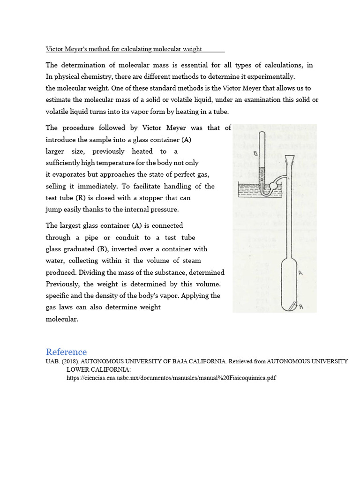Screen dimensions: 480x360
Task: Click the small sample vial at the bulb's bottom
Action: pyautogui.click(x=292, y=307)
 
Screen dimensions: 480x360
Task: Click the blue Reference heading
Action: pyautogui.click(x=66, y=352)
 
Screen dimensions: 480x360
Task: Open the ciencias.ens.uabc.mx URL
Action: pyautogui.click(x=172, y=377)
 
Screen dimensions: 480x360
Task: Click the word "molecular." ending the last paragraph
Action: pyautogui.click(x=61, y=319)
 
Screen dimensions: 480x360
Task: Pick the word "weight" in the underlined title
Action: pyautogui.click(x=192, y=49)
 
